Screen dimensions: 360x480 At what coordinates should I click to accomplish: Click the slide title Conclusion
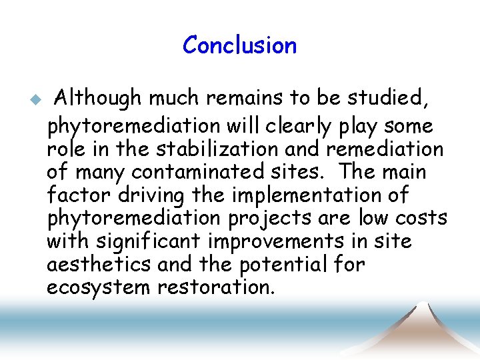coord(239,45)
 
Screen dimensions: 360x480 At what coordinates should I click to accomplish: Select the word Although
coord(98,99)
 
